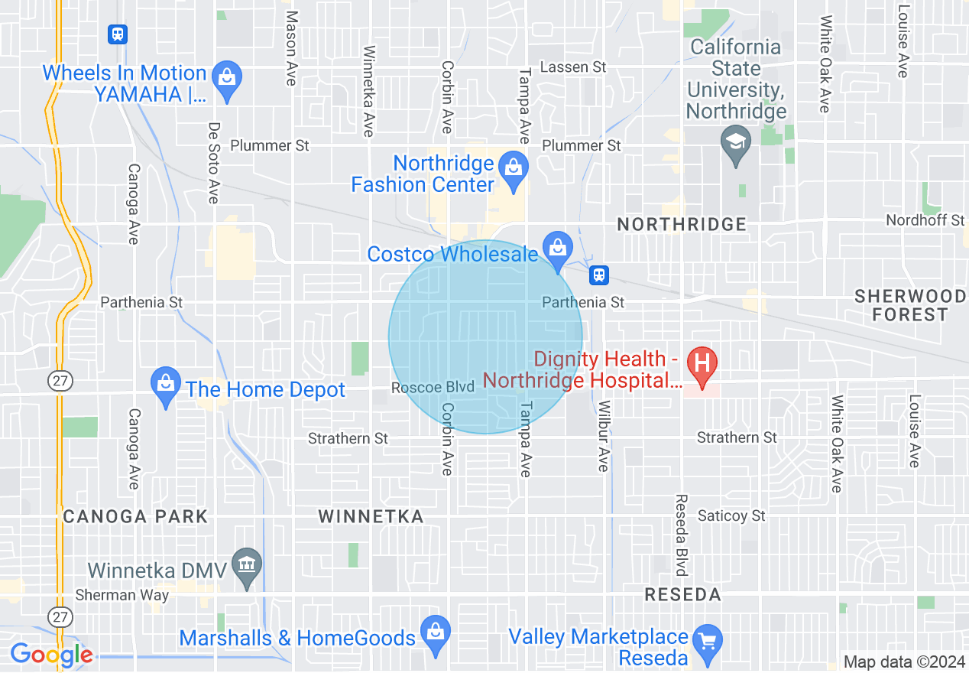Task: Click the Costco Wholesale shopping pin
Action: [x=558, y=247]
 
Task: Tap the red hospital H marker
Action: [x=701, y=363]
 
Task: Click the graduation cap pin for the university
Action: [x=736, y=141]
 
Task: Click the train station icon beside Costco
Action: [x=599, y=275]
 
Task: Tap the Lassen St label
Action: [x=573, y=67]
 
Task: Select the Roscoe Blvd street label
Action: [x=434, y=388]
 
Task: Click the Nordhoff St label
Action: [x=925, y=220]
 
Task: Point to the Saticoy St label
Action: [x=731, y=516]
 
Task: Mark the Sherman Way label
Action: [x=122, y=595]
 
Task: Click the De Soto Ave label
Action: [x=214, y=162]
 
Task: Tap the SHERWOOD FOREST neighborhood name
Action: [x=910, y=305]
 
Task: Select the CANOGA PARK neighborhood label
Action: [x=135, y=516]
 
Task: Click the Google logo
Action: [x=51, y=655]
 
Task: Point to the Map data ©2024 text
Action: [x=903, y=662]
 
